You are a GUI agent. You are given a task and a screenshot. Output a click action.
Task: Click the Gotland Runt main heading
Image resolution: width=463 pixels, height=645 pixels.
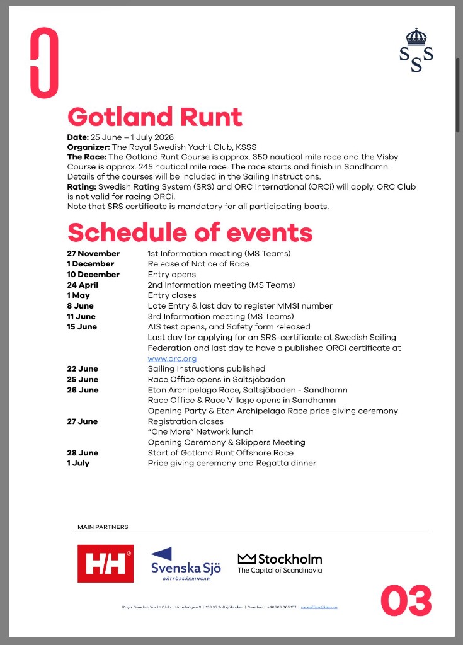coord(154,117)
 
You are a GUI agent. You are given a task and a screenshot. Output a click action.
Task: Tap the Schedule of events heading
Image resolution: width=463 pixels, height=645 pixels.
coord(190,232)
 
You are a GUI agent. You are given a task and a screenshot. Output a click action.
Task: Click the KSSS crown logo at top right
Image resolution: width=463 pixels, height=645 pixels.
coord(416,50)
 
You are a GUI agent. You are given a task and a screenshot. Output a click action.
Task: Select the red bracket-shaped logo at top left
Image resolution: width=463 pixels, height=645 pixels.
coord(44,63)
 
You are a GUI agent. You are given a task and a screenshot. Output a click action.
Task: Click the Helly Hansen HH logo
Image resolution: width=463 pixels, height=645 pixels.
coord(105,563)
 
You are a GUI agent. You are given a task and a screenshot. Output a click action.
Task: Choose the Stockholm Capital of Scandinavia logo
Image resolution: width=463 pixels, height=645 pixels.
coord(280,562)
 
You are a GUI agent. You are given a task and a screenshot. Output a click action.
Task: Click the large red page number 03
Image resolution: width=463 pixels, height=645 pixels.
coord(406,600)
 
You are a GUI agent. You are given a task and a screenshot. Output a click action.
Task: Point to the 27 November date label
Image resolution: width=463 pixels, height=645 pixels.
coord(93,253)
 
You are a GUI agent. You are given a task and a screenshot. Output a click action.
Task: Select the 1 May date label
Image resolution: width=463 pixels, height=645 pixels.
coord(79,295)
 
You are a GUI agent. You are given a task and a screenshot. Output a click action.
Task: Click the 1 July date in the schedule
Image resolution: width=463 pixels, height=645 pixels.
coord(79,463)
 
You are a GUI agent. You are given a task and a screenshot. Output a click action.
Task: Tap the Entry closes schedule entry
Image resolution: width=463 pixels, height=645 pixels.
coord(172,295)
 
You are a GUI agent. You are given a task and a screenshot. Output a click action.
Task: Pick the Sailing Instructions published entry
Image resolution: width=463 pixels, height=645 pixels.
coord(206,368)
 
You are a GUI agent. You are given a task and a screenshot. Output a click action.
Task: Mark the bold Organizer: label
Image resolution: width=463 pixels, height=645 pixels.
coord(88,147)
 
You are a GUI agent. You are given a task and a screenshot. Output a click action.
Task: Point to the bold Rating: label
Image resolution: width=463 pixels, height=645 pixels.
coord(82,187)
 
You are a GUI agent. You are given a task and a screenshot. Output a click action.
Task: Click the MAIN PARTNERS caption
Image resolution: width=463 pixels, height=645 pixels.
coord(103,527)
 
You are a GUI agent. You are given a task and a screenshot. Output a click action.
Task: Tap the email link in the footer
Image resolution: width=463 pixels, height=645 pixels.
coord(319,607)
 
